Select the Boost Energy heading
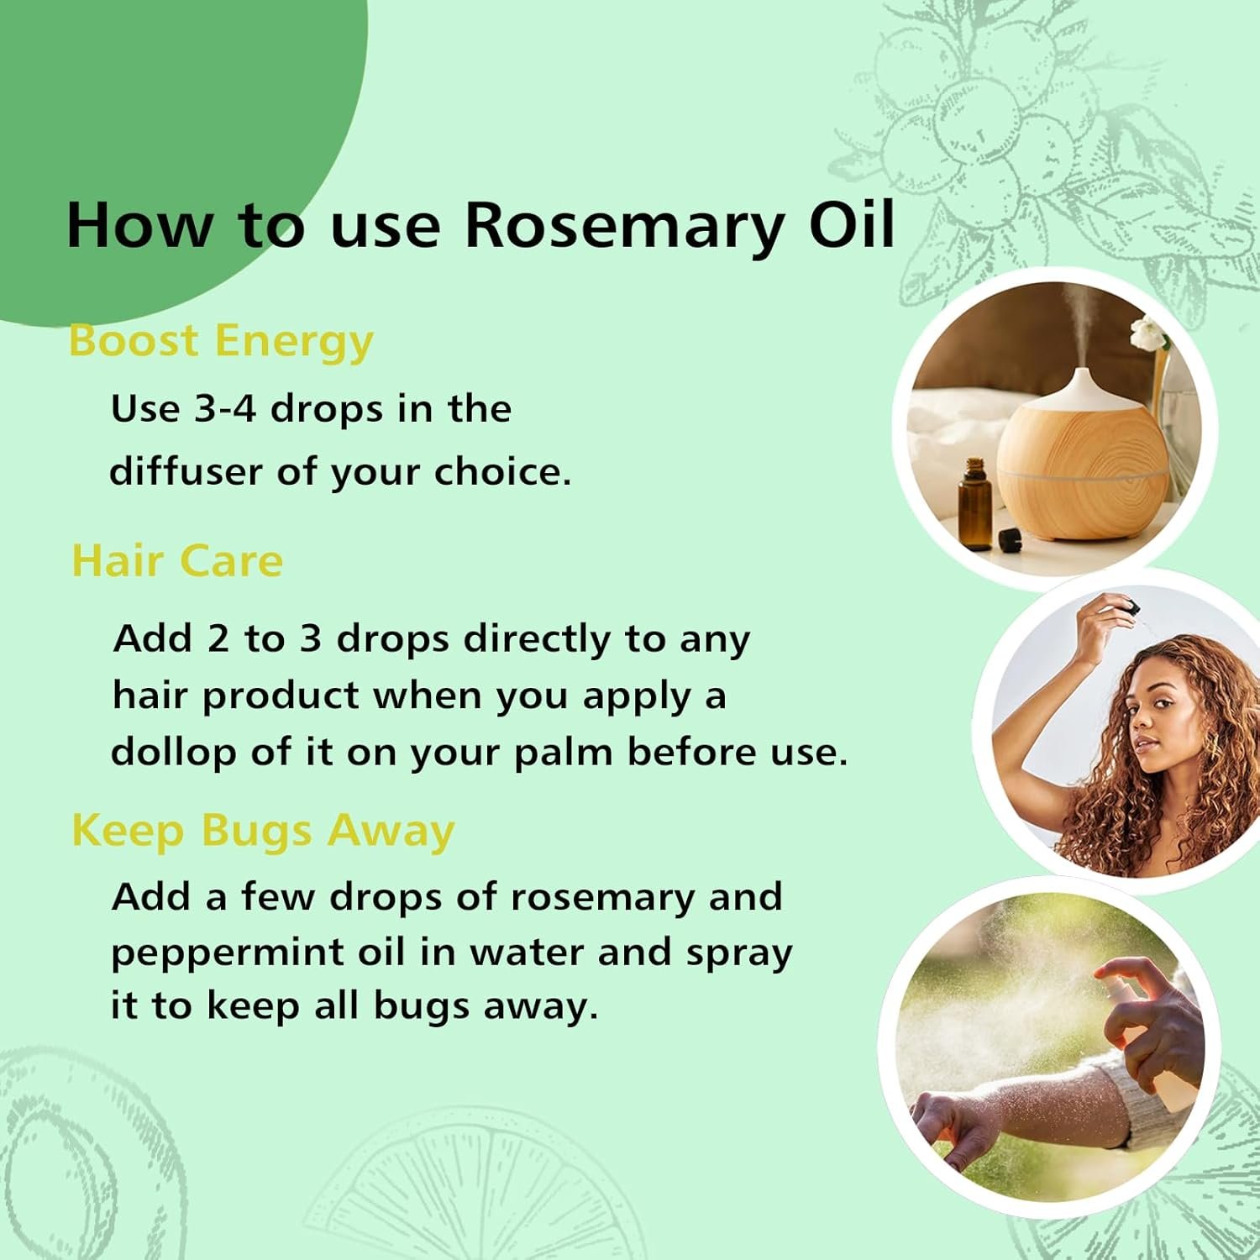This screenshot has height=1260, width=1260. click(221, 342)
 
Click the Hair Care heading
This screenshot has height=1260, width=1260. click(177, 561)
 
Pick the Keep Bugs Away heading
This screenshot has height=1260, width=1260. click(263, 831)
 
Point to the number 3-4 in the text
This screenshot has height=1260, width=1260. click(225, 409)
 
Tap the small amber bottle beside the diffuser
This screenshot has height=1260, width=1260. click(974, 504)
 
